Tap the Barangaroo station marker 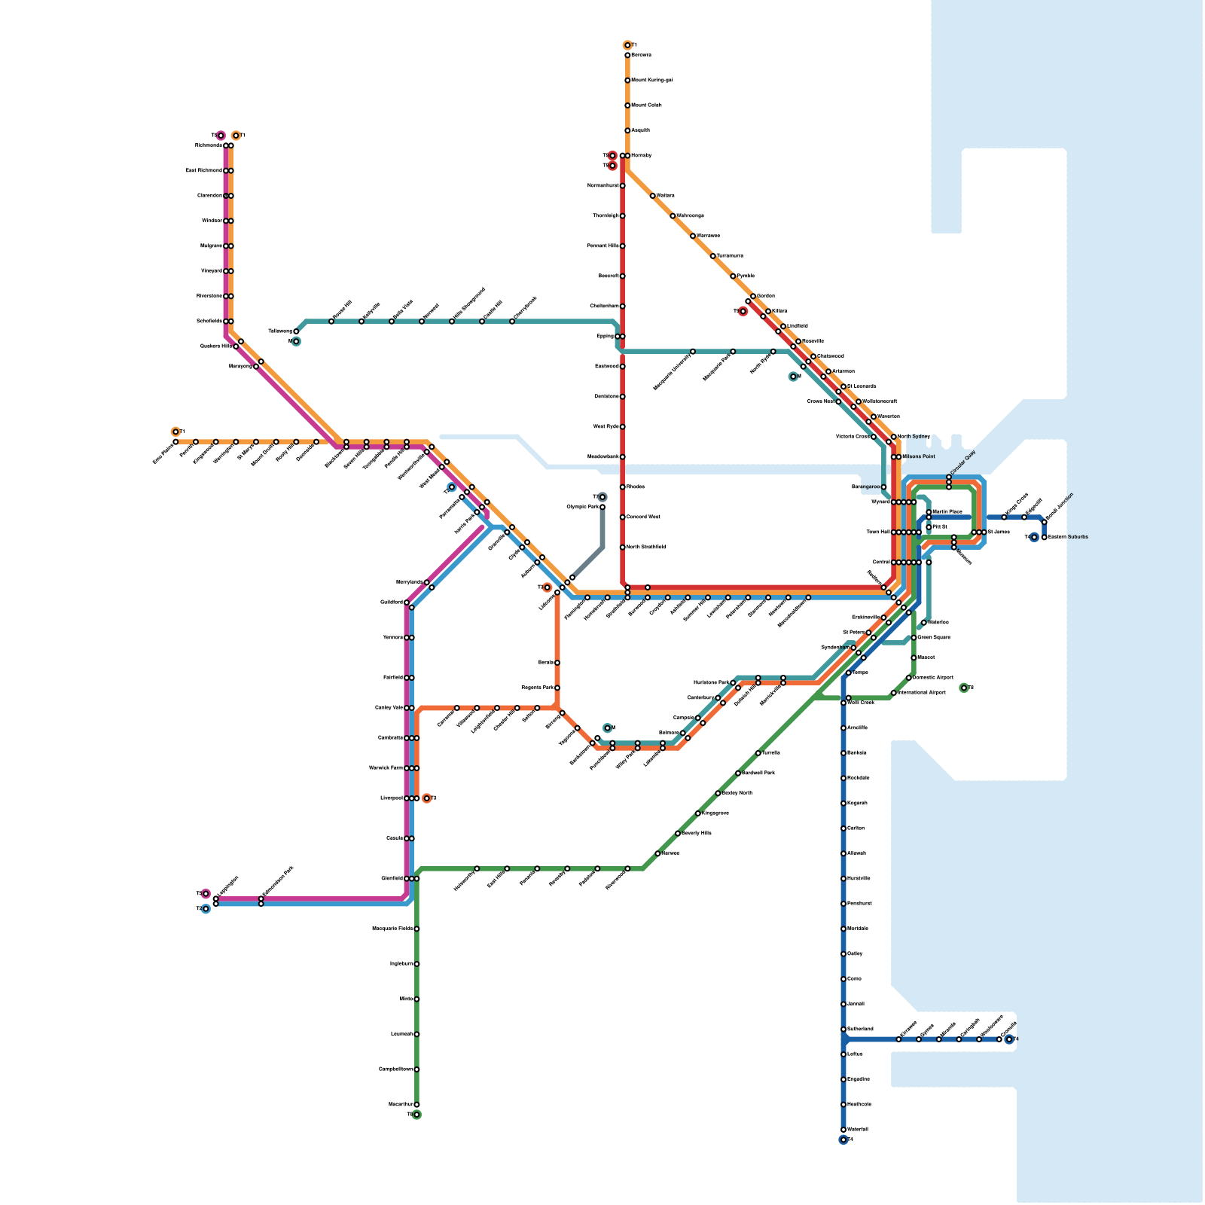point(883,487)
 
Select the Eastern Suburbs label point(1068,537)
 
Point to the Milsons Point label point(919,456)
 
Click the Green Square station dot point(914,638)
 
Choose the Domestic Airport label point(933,677)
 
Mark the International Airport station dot point(894,693)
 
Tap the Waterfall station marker point(843,1130)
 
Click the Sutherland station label point(860,1029)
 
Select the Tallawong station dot point(296,331)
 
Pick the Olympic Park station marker point(602,507)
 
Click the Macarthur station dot point(416,1105)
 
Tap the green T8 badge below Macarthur point(416,1115)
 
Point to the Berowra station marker point(627,55)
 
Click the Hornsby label point(641,155)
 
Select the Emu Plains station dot point(175,442)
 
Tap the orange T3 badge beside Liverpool point(427,798)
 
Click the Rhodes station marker point(623,487)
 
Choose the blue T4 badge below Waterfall point(843,1139)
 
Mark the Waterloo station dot point(924,623)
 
